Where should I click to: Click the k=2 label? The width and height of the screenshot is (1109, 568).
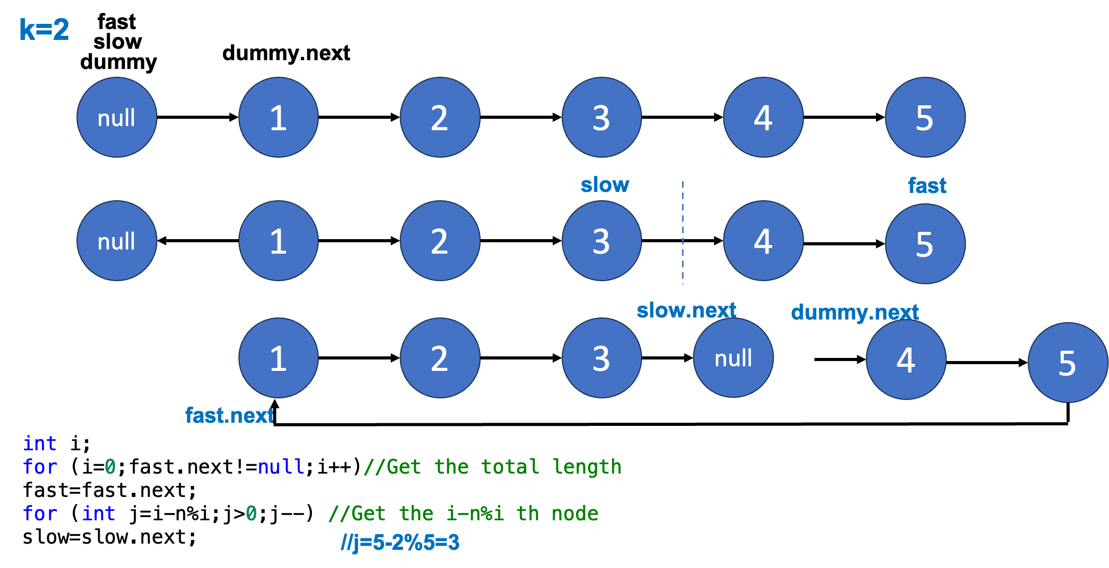44,30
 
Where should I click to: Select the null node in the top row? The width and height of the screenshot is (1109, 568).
117,117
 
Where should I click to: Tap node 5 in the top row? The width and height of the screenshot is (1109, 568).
925,117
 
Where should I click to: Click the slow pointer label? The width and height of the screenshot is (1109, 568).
605,185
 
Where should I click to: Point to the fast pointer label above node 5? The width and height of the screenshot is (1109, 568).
927,186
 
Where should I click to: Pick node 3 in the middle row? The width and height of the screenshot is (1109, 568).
601,241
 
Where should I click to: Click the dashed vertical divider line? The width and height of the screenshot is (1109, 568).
683,232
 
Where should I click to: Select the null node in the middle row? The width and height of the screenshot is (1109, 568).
117,241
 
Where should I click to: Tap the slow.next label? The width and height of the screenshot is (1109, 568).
686,310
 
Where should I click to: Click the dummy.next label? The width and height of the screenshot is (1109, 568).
855,312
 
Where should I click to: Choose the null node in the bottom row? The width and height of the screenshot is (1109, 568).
733,358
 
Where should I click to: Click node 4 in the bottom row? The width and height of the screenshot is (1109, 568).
906,360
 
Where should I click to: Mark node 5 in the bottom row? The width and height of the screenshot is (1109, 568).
1067,363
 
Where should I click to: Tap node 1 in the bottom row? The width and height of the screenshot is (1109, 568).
278,358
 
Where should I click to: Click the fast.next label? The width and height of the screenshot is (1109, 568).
229,415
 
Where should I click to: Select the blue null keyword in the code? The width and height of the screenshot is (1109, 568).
281,467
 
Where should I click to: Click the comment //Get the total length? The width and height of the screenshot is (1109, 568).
492,467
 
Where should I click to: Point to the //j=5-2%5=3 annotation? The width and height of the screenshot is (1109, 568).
400,543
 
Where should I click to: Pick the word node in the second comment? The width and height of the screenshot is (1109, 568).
575,514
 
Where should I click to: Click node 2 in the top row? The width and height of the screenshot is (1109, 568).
440,117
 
